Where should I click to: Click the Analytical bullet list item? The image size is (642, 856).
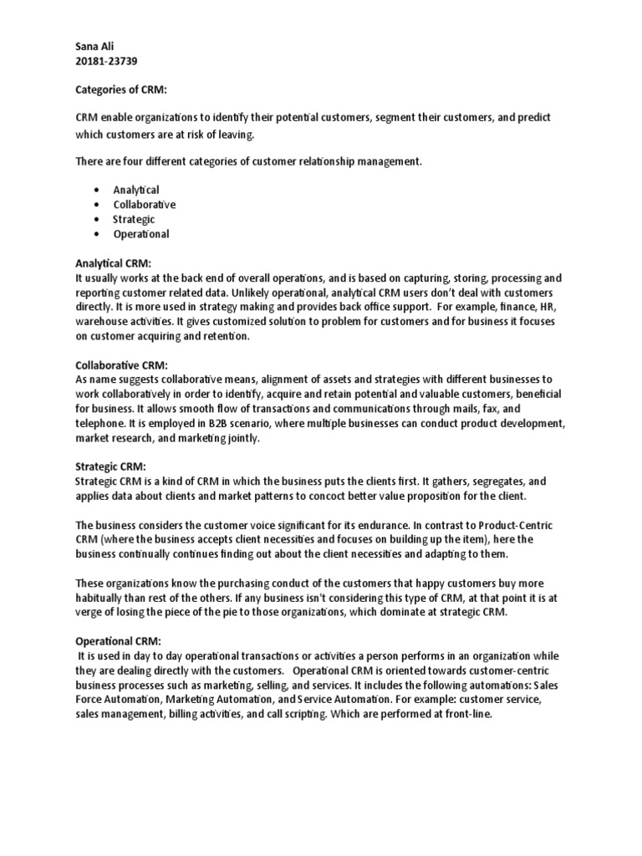[136, 190]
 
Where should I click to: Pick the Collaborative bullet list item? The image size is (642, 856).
[144, 204]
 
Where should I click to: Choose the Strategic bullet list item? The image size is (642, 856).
[134, 219]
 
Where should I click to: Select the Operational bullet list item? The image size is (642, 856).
[140, 234]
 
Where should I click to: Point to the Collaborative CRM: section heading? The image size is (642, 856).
[121, 365]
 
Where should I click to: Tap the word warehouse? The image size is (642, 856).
[102, 322]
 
